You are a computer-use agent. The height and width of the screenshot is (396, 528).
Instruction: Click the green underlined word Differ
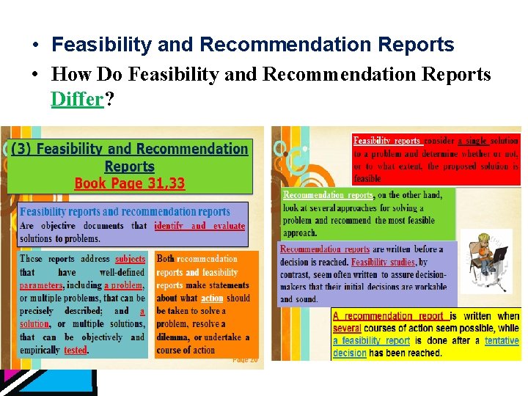tap(78, 99)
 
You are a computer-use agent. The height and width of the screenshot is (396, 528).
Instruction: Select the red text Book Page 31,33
tap(130, 183)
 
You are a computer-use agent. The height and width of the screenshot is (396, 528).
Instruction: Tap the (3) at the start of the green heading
tap(21, 149)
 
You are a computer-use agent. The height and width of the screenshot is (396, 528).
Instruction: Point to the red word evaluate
tap(229, 226)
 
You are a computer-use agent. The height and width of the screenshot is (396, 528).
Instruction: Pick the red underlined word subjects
tap(131, 258)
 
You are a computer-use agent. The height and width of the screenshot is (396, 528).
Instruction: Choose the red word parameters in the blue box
tap(41, 285)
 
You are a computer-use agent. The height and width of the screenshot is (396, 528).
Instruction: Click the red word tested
tap(76, 351)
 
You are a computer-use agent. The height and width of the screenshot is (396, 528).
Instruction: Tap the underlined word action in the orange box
tap(212, 298)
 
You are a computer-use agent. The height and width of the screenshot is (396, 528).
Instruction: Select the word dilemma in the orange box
tap(173, 337)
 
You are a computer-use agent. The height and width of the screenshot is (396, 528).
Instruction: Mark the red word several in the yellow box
tap(347, 328)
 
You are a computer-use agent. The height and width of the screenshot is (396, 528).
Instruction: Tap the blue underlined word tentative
tap(502, 340)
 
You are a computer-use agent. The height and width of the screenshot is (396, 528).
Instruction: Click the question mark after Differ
tap(109, 99)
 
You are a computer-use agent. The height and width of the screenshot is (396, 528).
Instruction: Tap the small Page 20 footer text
tap(245, 359)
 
